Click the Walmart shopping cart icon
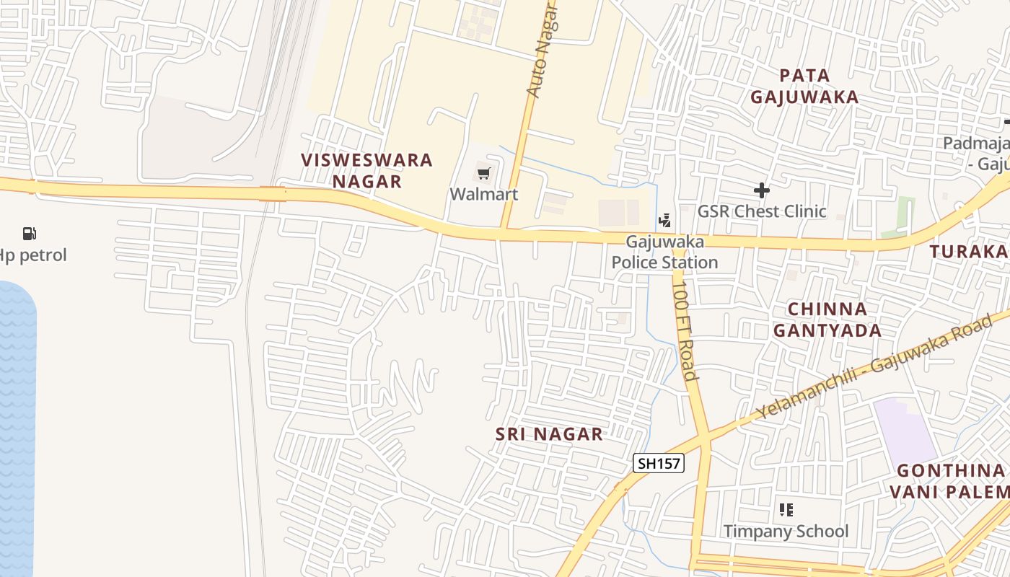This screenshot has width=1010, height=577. tap(483, 173)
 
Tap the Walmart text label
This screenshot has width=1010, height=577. tap(483, 194)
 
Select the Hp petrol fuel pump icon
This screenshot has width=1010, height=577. tap(30, 233)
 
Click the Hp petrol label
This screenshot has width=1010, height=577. tap(33, 255)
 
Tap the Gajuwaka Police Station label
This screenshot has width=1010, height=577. tap(664, 252)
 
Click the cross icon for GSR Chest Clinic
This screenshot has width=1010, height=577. tap(761, 190)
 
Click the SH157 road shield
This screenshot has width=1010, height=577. tap(659, 463)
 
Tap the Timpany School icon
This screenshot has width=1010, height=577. tap(786, 510)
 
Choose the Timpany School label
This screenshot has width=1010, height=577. tap(786, 532)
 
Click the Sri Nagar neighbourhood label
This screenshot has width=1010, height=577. tap(549, 434)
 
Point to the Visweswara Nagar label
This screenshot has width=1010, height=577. tap(366, 170)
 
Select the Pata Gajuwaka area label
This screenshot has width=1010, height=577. tap(804, 86)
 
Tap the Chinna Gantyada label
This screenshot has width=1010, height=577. tap(827, 320)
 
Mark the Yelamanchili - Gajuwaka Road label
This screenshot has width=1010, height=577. tap(873, 368)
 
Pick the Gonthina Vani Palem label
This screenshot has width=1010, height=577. tap(949, 481)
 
